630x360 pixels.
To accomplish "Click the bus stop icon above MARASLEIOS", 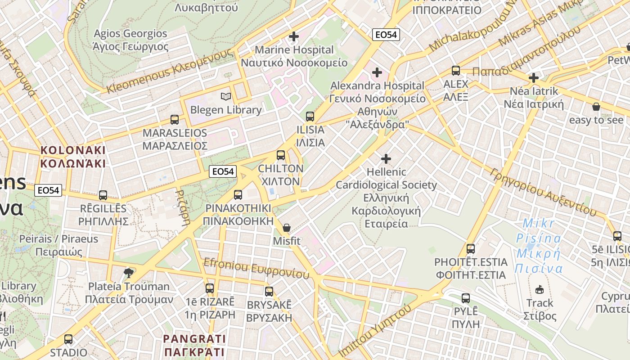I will (175, 120).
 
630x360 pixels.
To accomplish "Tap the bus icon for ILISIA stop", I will (310, 117).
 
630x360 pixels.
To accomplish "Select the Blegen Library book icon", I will (226, 96).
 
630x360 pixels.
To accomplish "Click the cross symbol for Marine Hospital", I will (294, 36).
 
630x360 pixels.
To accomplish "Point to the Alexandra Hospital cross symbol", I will (377, 72).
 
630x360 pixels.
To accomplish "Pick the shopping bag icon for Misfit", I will (287, 228).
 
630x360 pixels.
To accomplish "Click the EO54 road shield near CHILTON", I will (223, 171).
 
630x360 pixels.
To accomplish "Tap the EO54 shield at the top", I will (386, 34).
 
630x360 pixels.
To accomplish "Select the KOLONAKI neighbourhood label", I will (73, 156).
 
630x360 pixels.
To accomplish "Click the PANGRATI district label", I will (194, 345).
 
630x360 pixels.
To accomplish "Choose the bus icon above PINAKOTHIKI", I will (238, 195).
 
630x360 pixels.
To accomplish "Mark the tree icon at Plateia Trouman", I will (129, 273).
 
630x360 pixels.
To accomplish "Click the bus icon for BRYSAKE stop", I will (269, 292).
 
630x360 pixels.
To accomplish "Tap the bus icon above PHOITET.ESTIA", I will (471, 248).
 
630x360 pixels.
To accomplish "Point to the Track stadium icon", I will (540, 289).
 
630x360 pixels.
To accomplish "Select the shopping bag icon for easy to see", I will (596, 107).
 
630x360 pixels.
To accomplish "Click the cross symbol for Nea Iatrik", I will (534, 78).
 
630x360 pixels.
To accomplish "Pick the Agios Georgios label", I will (130, 40).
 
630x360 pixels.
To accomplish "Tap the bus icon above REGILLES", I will (103, 195).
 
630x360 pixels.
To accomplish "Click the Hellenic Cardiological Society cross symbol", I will (386, 159).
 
